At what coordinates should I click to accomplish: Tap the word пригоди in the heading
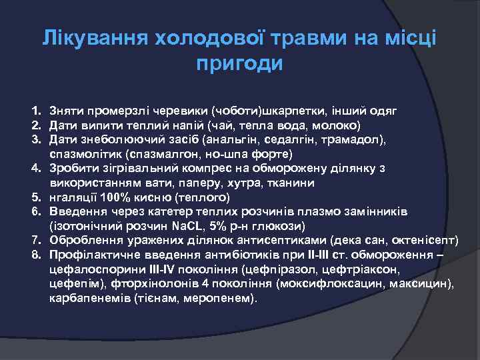pyautogui.click(x=240, y=64)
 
